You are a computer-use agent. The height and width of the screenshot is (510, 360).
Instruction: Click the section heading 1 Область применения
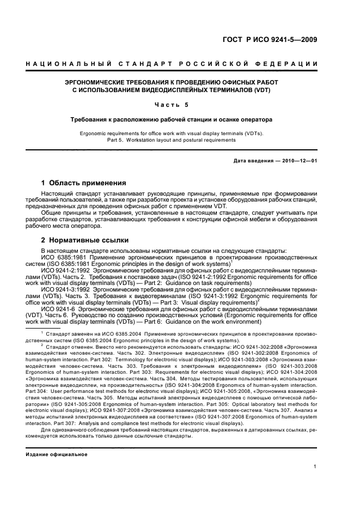point(84,183)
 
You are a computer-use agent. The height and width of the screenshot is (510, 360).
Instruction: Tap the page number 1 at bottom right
point(315,466)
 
